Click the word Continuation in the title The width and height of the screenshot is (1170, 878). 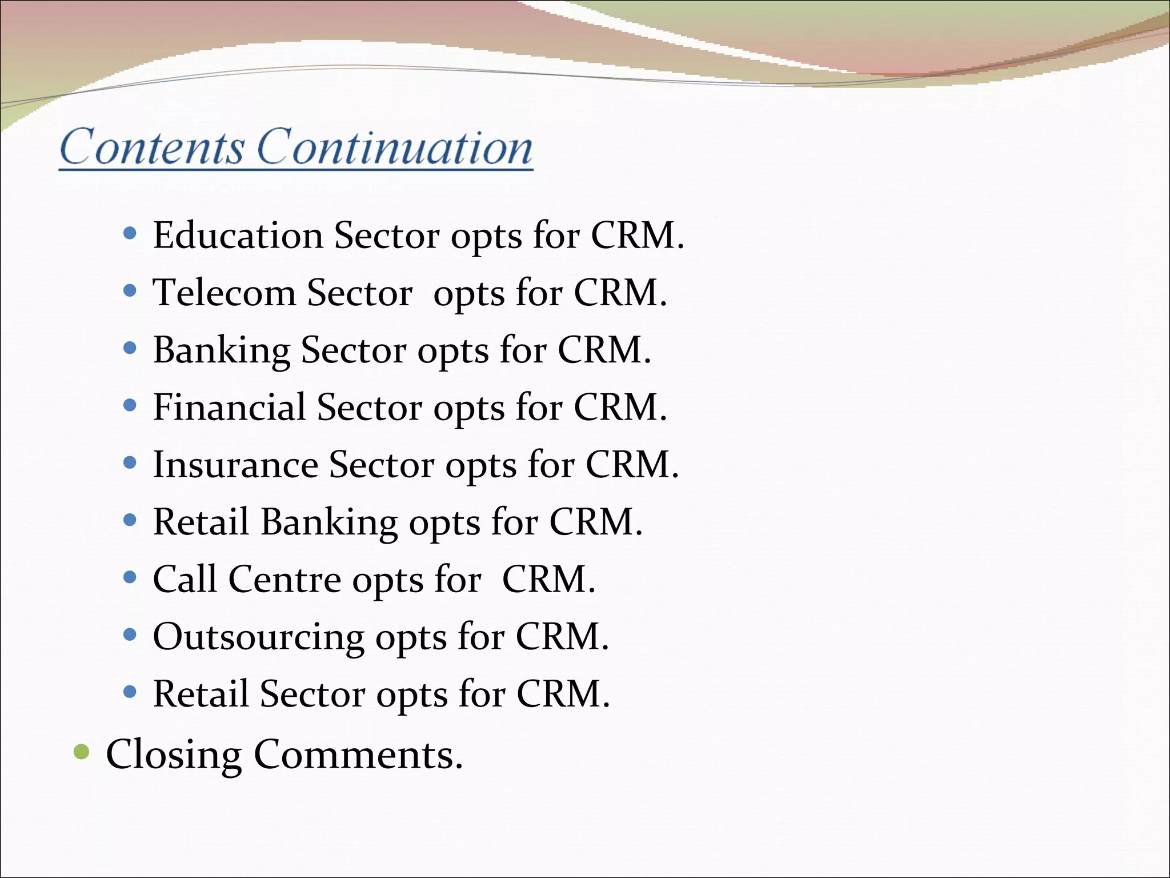coord(395,147)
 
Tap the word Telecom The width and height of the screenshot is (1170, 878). coord(224,293)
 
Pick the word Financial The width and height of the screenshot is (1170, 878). coord(230,407)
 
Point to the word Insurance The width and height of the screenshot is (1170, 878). coord(235,464)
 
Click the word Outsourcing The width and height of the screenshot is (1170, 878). coord(258,637)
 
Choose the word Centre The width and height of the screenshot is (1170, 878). coord(285,580)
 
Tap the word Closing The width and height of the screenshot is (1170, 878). coord(174,755)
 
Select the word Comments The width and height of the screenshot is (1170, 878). coord(358,755)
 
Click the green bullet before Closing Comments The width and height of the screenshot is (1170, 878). coord(82,752)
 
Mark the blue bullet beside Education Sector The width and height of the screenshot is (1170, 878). coord(130,233)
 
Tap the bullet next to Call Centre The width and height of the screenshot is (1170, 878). coord(130,577)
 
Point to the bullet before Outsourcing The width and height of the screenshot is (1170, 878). coord(130,634)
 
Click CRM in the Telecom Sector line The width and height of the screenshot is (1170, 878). coord(620,293)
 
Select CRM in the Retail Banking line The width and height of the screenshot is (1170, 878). coord(596,522)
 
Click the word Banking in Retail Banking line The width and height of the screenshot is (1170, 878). coord(329,522)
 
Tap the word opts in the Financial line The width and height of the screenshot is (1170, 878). coord(468,408)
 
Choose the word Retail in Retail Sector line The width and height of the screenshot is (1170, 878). coord(201,694)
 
